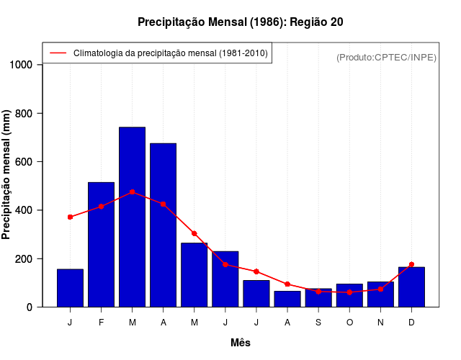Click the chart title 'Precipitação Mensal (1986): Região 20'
click(240, 22)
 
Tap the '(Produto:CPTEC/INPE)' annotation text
click(386, 57)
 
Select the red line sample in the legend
click(58, 53)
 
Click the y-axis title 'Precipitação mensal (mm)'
click(7, 175)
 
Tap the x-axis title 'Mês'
click(241, 343)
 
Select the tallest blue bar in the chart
click(133, 216)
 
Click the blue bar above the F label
click(101, 245)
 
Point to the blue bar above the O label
click(349, 295)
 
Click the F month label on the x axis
click(101, 322)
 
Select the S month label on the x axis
click(318, 322)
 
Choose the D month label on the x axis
click(411, 322)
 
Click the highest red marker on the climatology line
click(133, 192)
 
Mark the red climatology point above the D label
click(411, 264)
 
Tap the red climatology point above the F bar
click(101, 207)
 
